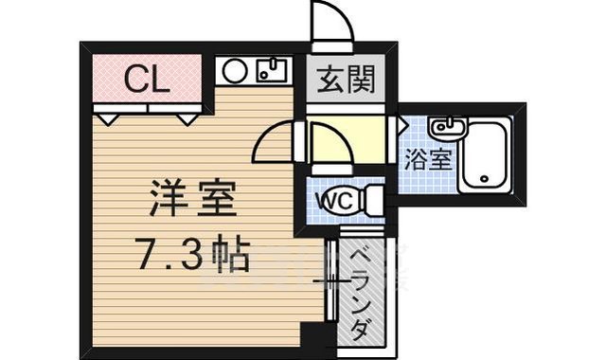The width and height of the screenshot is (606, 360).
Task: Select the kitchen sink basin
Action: tap(272, 70)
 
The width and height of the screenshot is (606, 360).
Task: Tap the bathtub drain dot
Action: tap(483, 176)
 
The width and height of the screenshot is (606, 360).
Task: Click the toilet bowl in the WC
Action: tap(371, 201)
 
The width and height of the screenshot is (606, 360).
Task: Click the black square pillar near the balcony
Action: tap(311, 335)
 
